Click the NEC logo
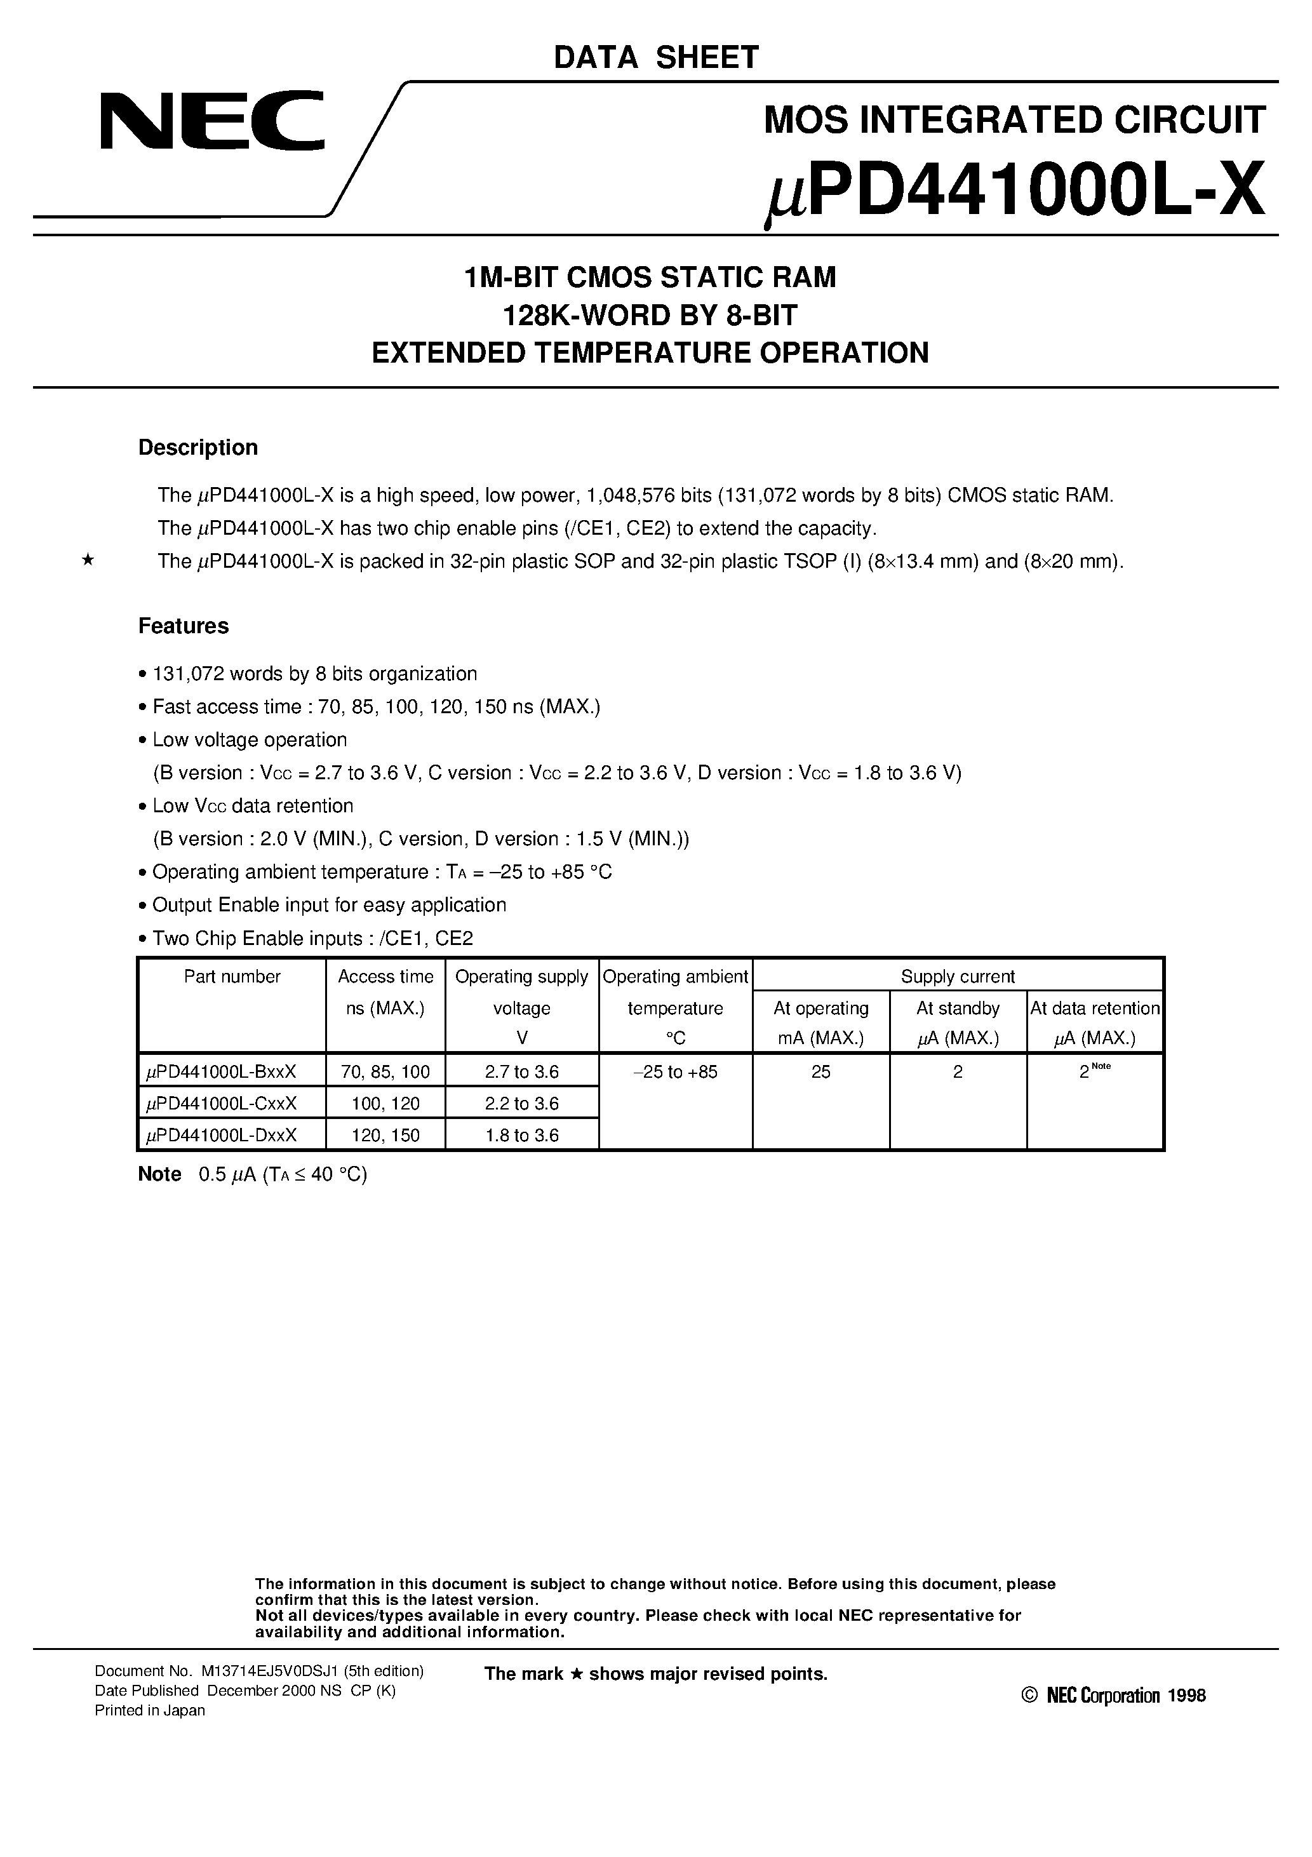[x=212, y=121]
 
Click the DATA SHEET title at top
[x=655, y=57]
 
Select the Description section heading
[x=197, y=447]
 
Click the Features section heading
[x=183, y=626]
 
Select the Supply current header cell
[x=957, y=976]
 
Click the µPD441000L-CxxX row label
[x=221, y=1103]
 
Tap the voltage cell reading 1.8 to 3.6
[x=522, y=1135]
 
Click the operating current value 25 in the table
[x=820, y=1071]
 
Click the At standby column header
[x=957, y=1008]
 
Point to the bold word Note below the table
[x=159, y=1174]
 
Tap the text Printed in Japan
[x=150, y=1710]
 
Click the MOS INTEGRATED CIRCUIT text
[x=1014, y=119]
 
